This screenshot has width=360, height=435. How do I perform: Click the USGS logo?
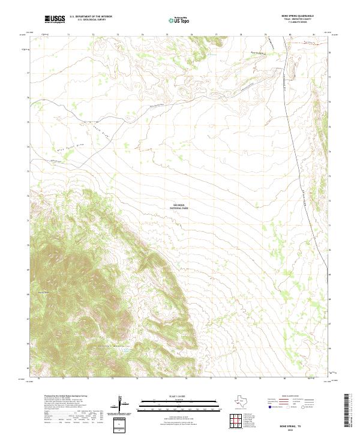click(x=55, y=19)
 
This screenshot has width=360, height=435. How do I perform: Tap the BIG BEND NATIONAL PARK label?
click(x=180, y=206)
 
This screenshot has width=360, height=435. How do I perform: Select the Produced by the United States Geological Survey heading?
click(x=63, y=395)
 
